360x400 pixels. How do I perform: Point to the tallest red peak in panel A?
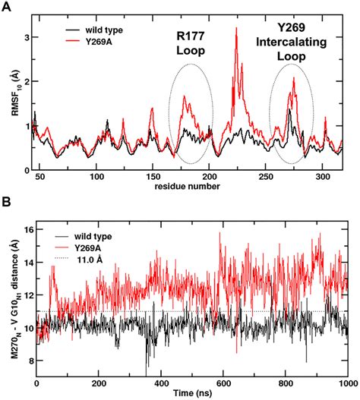(x=237, y=29)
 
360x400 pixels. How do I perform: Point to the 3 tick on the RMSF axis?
(x=29, y=36)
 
